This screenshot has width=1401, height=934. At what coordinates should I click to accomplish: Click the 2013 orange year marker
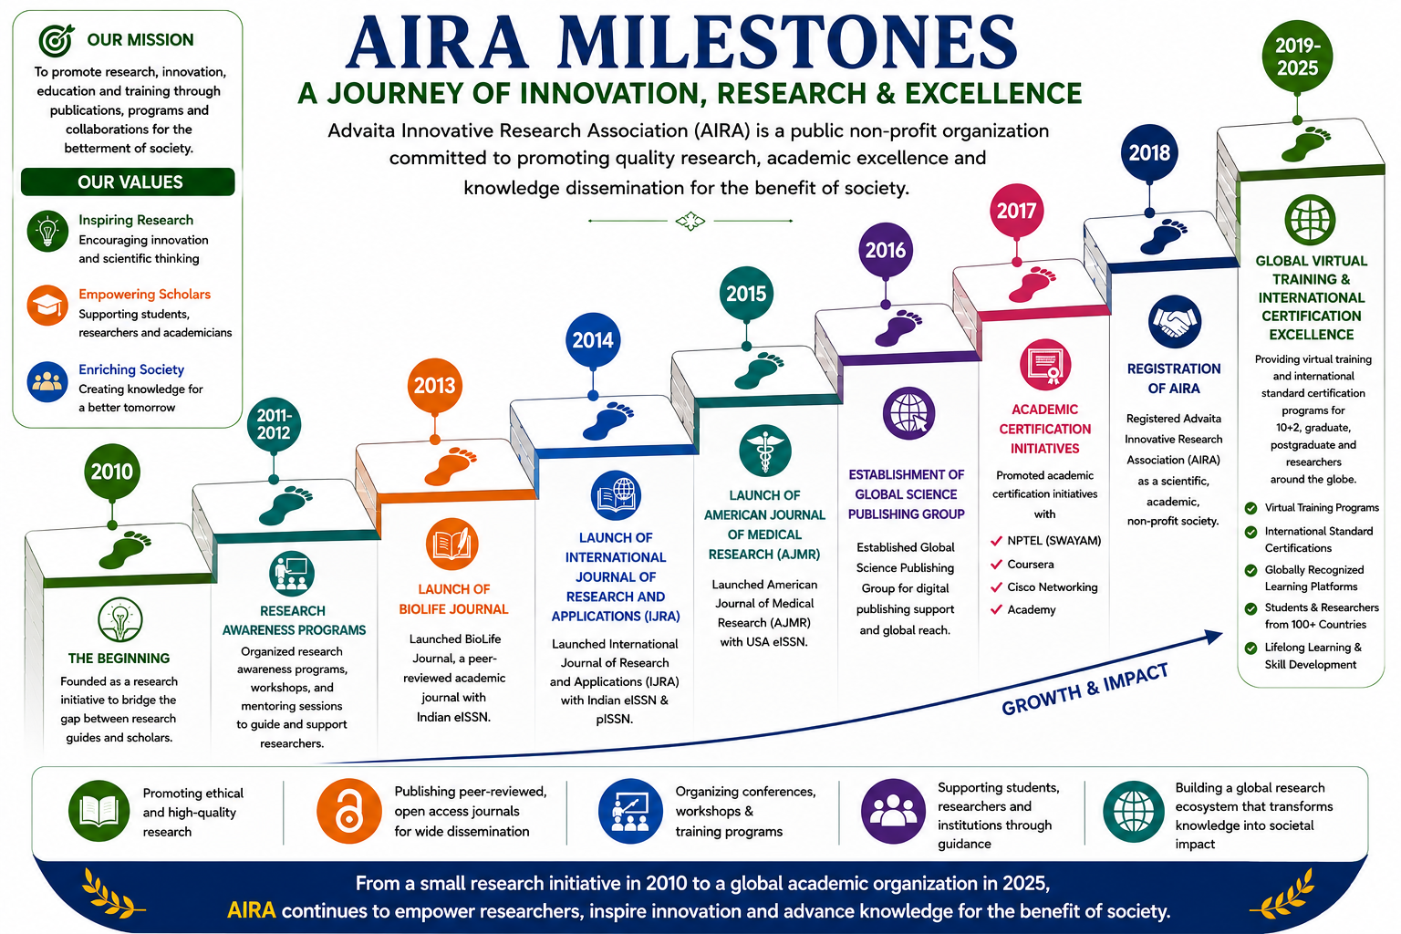click(435, 385)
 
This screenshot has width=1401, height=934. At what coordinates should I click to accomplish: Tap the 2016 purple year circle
click(886, 250)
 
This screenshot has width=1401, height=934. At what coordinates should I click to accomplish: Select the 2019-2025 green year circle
click(1297, 57)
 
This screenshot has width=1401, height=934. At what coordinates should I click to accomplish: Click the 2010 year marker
click(112, 471)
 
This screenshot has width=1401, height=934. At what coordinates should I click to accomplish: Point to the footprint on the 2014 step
click(607, 420)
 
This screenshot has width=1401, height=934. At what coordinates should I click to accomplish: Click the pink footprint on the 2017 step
click(1032, 284)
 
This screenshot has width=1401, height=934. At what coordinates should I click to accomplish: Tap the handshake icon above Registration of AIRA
click(1174, 322)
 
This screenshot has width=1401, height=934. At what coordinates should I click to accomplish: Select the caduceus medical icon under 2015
click(764, 451)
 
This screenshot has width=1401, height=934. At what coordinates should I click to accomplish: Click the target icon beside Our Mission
click(57, 40)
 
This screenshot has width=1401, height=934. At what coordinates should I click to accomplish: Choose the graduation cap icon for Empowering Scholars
click(47, 306)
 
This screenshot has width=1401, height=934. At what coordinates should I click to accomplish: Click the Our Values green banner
click(129, 182)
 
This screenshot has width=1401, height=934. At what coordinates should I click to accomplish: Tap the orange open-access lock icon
click(349, 812)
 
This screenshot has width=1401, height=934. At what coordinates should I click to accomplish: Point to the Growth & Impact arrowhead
click(1213, 637)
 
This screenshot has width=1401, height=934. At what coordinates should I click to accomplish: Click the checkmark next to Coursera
click(996, 565)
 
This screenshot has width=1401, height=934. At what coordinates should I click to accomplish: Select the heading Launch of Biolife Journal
click(453, 599)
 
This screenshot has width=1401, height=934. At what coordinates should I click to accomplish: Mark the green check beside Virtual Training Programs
click(1251, 508)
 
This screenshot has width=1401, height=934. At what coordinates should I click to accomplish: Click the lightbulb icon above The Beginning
click(120, 620)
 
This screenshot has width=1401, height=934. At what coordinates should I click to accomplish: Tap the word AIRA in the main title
click(438, 43)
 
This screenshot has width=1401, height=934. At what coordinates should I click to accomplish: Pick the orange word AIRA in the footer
click(252, 910)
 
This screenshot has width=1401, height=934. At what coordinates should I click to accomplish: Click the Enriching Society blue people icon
click(47, 381)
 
